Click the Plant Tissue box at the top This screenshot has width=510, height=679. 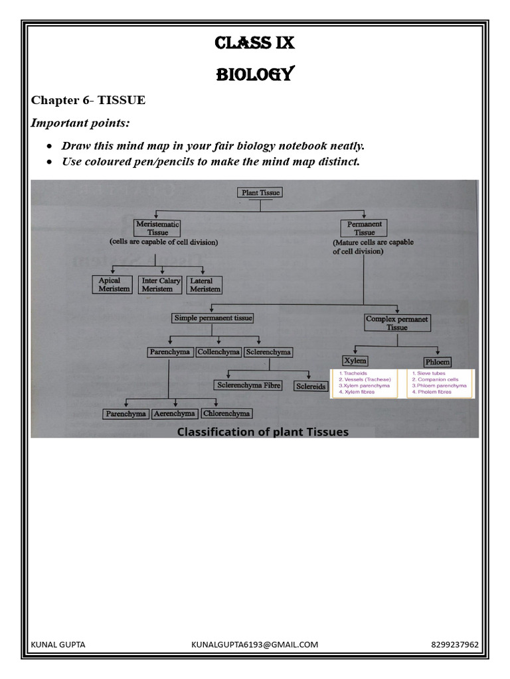click(260, 193)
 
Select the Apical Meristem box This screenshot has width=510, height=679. click(114, 284)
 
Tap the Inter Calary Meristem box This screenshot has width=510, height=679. click(161, 284)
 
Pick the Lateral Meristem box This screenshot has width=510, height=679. click(205, 284)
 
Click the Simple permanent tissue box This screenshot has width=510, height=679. click(213, 318)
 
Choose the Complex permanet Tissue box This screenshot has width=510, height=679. click(397, 323)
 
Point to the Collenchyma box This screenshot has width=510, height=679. click(218, 352)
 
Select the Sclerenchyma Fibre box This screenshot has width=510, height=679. click(248, 385)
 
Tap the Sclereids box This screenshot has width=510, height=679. click(311, 386)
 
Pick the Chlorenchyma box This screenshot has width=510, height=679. click(226, 413)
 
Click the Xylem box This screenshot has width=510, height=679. click(355, 361)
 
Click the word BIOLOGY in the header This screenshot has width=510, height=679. click(254, 74)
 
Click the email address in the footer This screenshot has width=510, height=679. click(255, 645)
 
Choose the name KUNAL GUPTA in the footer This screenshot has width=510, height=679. click(58, 645)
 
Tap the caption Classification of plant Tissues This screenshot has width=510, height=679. click(262, 432)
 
